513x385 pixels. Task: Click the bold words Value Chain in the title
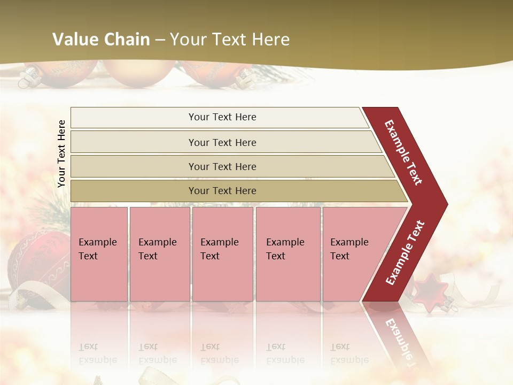click(101, 40)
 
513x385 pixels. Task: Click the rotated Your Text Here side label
click(61, 153)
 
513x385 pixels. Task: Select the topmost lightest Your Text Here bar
click(222, 117)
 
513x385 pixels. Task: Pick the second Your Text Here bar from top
click(222, 142)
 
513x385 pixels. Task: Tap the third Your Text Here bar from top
click(222, 166)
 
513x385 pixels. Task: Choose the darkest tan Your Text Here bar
click(222, 191)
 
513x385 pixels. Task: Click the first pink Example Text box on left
click(99, 253)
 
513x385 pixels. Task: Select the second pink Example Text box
click(159, 253)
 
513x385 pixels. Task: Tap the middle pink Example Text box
click(222, 253)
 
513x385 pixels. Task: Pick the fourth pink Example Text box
click(288, 253)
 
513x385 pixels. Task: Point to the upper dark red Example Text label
click(403, 152)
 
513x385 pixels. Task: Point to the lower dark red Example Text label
click(405, 252)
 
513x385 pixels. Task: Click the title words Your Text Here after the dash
click(230, 40)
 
